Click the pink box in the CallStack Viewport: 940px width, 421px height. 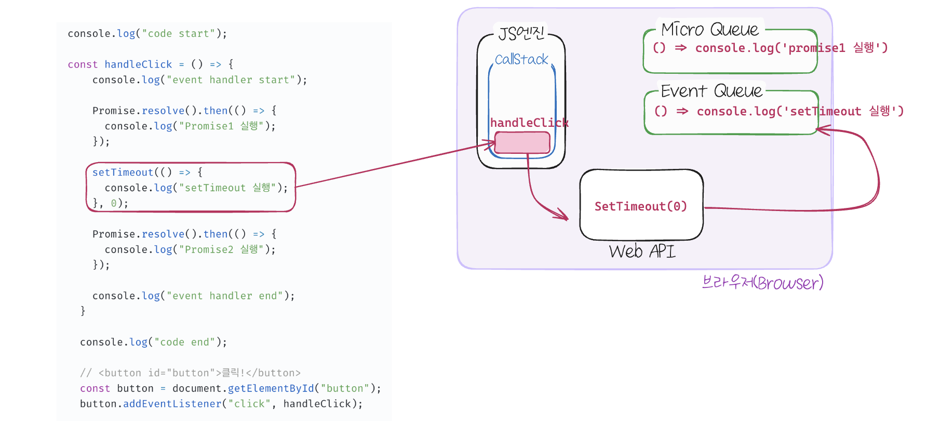(x=522, y=142)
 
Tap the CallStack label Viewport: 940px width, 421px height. (x=521, y=59)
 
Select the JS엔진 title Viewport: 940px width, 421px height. (x=521, y=33)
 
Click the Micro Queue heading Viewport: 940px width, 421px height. (x=710, y=29)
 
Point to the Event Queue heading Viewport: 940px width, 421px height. (x=711, y=91)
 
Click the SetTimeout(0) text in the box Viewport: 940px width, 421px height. (x=641, y=206)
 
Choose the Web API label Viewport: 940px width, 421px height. (x=642, y=252)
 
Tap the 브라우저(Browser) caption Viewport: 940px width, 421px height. (x=762, y=282)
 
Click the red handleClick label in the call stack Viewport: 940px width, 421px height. (x=529, y=123)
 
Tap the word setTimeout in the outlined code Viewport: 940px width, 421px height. (x=123, y=173)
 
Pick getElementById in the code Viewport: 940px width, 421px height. (x=271, y=388)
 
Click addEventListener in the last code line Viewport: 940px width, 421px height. (x=172, y=404)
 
